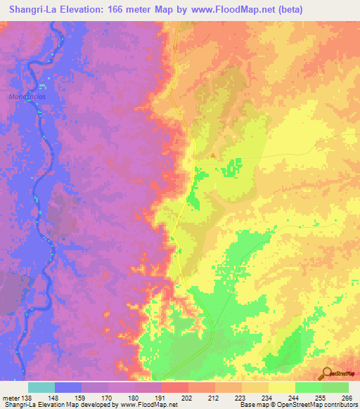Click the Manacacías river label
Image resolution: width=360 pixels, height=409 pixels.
[x=25, y=96]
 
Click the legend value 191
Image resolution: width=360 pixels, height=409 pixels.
[x=160, y=397]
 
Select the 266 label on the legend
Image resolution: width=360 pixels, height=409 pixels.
[x=347, y=397]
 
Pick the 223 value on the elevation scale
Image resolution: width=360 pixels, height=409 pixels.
[x=241, y=397]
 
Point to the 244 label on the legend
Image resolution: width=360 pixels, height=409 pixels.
[x=294, y=397]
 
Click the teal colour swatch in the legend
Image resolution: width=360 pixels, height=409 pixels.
[x=41, y=387]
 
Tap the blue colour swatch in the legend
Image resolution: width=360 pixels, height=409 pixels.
[x=67, y=387]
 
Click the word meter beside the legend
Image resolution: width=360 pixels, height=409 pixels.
[x=11, y=397]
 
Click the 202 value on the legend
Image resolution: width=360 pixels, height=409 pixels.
[x=187, y=397]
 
